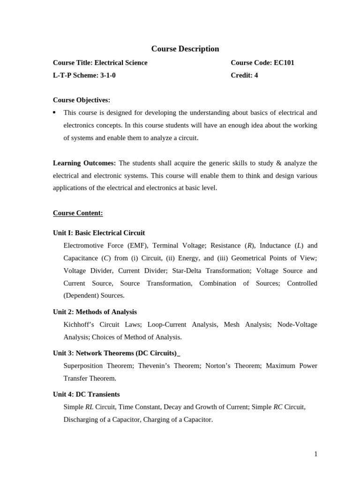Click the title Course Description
(x=185, y=49)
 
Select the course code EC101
(x=284, y=63)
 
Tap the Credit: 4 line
(x=244, y=75)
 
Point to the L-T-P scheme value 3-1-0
(x=108, y=75)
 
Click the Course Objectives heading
(x=82, y=100)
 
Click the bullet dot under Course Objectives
(x=54, y=112)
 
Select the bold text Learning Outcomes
(x=84, y=163)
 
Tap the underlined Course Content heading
(x=78, y=213)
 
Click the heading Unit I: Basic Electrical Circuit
(x=99, y=233)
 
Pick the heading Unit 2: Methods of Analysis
(x=95, y=312)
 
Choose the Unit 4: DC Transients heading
(x=86, y=394)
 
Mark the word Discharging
(x=82, y=420)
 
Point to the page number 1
(x=315, y=454)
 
